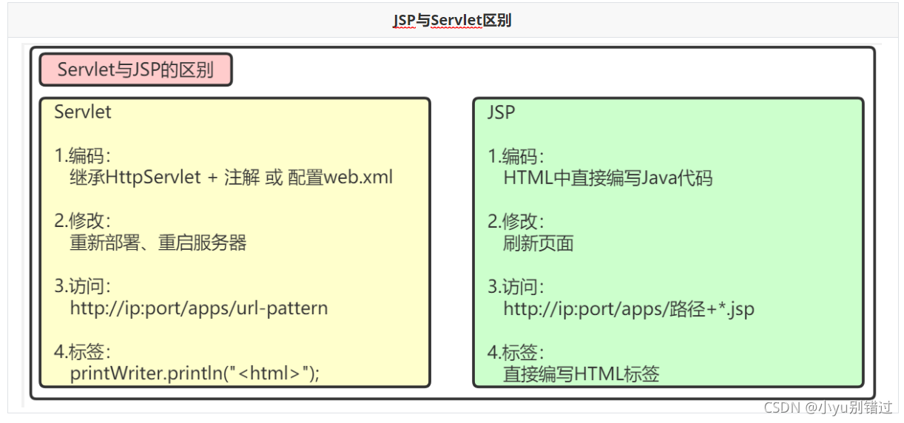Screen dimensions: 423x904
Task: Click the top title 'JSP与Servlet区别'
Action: pos(452,21)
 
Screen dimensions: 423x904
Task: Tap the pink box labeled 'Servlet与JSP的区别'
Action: pos(135,70)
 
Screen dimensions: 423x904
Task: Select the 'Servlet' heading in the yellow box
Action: pos(83,112)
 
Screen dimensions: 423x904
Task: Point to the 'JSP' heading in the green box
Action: pos(502,112)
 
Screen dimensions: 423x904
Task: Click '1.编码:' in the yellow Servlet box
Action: pos(82,156)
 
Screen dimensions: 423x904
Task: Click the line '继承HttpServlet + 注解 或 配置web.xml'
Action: pos(231,178)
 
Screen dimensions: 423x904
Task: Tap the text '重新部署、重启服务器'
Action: pos(158,243)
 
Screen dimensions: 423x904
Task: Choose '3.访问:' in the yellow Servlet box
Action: pos(82,285)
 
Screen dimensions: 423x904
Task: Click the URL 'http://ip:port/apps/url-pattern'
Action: pos(198,308)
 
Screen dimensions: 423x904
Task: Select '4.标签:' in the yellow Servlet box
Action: pos(82,351)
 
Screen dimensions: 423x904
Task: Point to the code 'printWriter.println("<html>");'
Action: pos(195,373)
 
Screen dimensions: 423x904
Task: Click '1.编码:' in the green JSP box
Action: pos(516,156)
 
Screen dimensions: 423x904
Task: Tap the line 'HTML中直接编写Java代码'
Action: pos(607,178)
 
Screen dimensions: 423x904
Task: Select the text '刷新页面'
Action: pos(538,243)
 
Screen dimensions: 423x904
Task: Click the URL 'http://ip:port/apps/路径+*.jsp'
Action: pos(628,308)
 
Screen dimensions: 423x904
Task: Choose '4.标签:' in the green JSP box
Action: pos(516,351)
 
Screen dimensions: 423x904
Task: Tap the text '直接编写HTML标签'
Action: pos(581,373)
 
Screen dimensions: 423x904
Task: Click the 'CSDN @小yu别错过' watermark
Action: pos(827,407)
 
